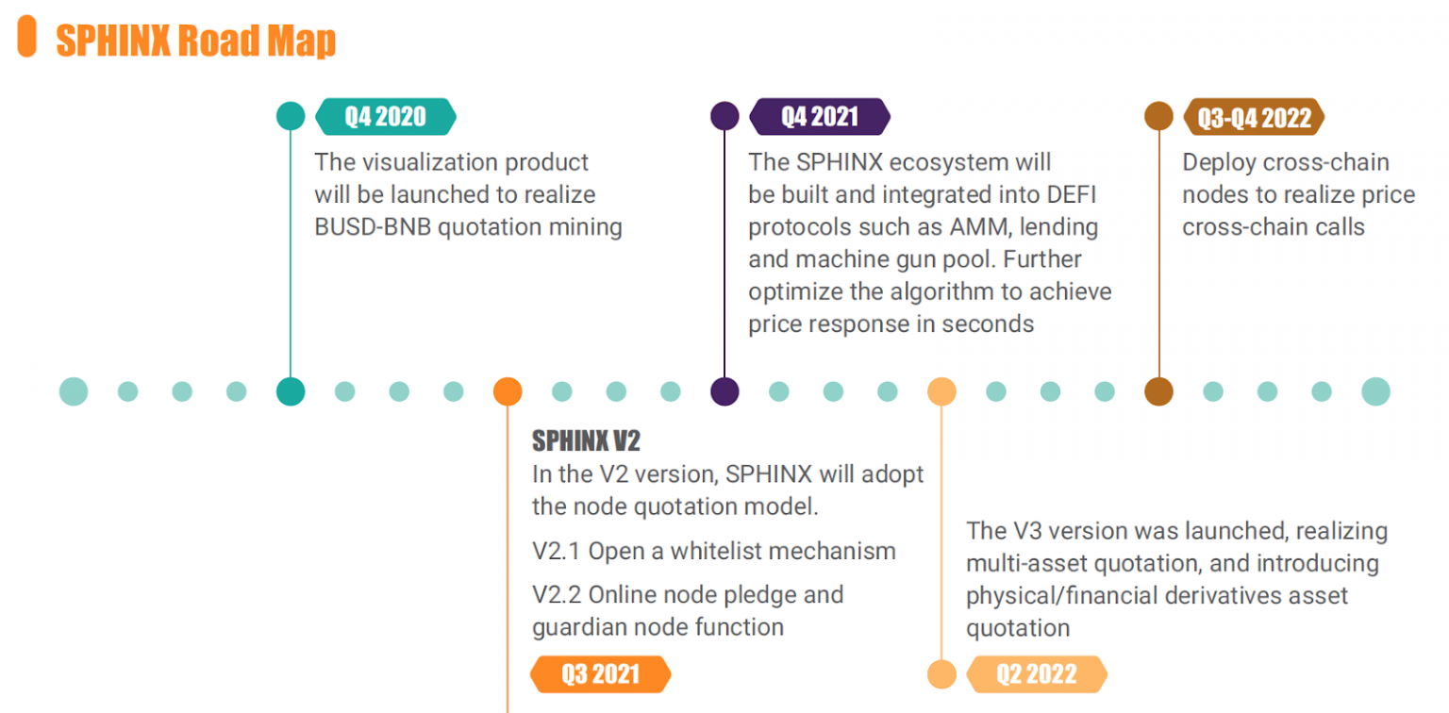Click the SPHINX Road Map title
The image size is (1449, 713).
[196, 41]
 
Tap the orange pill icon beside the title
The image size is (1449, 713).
[27, 36]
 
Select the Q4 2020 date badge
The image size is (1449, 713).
[386, 116]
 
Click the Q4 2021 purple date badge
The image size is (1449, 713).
[820, 116]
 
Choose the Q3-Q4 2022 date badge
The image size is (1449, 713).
[1254, 117]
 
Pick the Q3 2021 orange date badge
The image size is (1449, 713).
[600, 674]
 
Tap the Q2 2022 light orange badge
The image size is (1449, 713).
[1037, 674]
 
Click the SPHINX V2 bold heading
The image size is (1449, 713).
[586, 440]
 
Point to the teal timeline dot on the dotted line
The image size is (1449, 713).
[291, 391]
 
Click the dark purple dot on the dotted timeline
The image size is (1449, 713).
[724, 391]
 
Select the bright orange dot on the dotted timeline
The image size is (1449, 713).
[508, 391]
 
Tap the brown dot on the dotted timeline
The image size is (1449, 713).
[1158, 391]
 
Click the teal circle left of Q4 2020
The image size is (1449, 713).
[291, 116]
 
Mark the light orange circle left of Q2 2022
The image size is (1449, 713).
[941, 673]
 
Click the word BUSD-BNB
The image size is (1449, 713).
[373, 227]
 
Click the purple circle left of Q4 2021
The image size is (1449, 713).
[724, 116]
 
